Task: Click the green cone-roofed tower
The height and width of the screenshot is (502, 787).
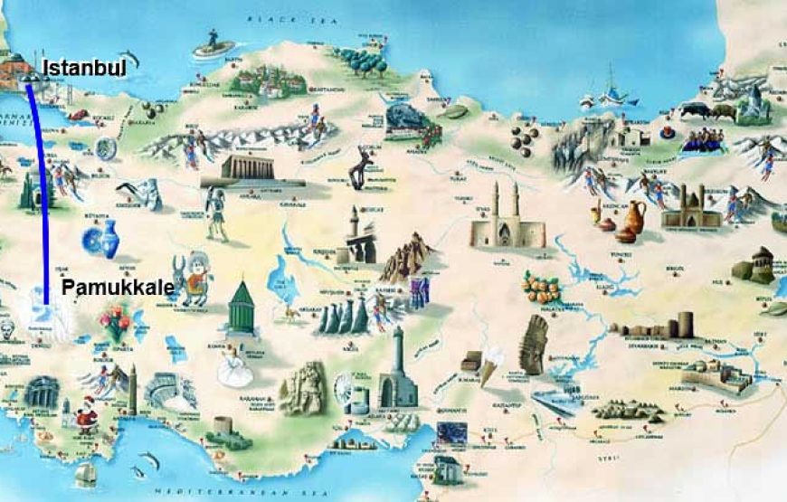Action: click(241, 305)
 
